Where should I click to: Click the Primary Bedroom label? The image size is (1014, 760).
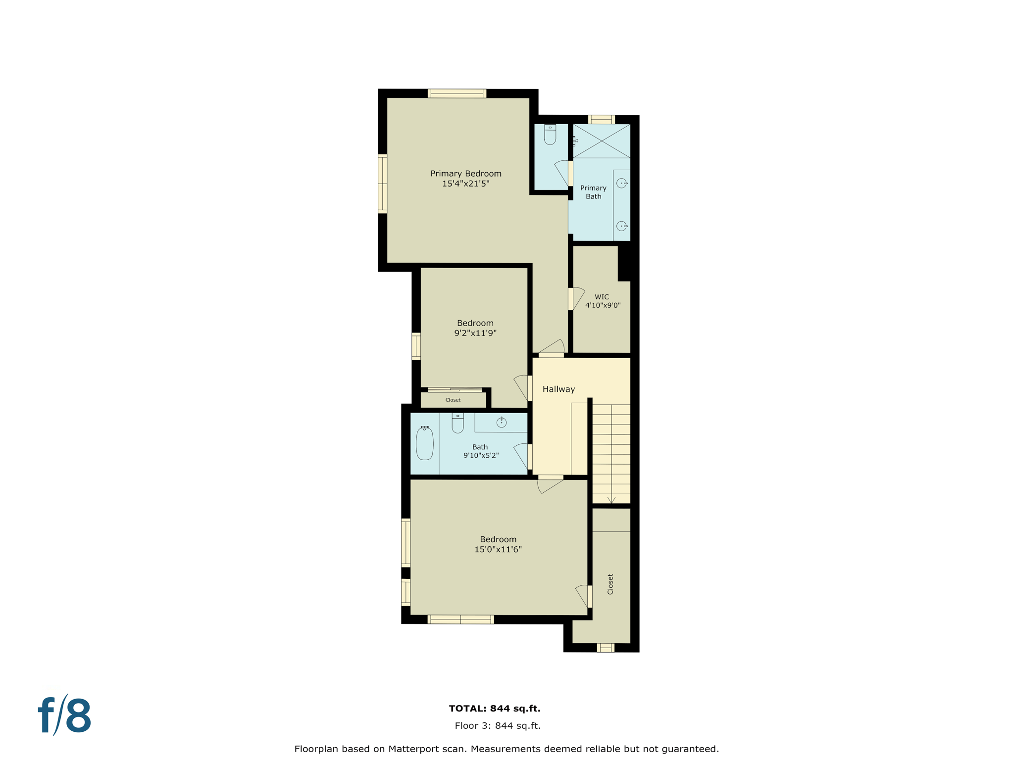[x=465, y=174]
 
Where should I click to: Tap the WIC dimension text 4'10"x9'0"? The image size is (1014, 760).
[x=603, y=305]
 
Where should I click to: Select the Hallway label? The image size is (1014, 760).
[x=558, y=389]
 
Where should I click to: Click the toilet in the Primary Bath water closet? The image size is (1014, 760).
[x=550, y=134]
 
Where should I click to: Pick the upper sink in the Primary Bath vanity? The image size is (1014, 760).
[x=621, y=184]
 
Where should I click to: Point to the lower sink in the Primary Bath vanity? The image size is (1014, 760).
[x=621, y=226]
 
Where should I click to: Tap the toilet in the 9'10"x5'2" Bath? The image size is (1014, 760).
[x=457, y=424]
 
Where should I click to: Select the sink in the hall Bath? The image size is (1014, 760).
[x=501, y=423]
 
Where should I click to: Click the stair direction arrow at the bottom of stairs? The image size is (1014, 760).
[x=611, y=500]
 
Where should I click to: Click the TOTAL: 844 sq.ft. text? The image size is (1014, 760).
[x=494, y=709]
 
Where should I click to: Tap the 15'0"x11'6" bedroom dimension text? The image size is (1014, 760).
[x=498, y=550]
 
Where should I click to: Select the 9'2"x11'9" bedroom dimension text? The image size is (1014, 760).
[x=475, y=333]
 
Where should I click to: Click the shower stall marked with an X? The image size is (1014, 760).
[x=601, y=141]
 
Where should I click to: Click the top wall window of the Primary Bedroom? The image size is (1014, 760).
[x=456, y=94]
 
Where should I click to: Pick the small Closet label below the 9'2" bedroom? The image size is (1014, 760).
[x=453, y=400]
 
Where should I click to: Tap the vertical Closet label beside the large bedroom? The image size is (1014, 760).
[x=610, y=584]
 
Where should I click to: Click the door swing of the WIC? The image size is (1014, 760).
[x=577, y=298]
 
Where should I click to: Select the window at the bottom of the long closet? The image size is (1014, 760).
[x=605, y=648]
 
